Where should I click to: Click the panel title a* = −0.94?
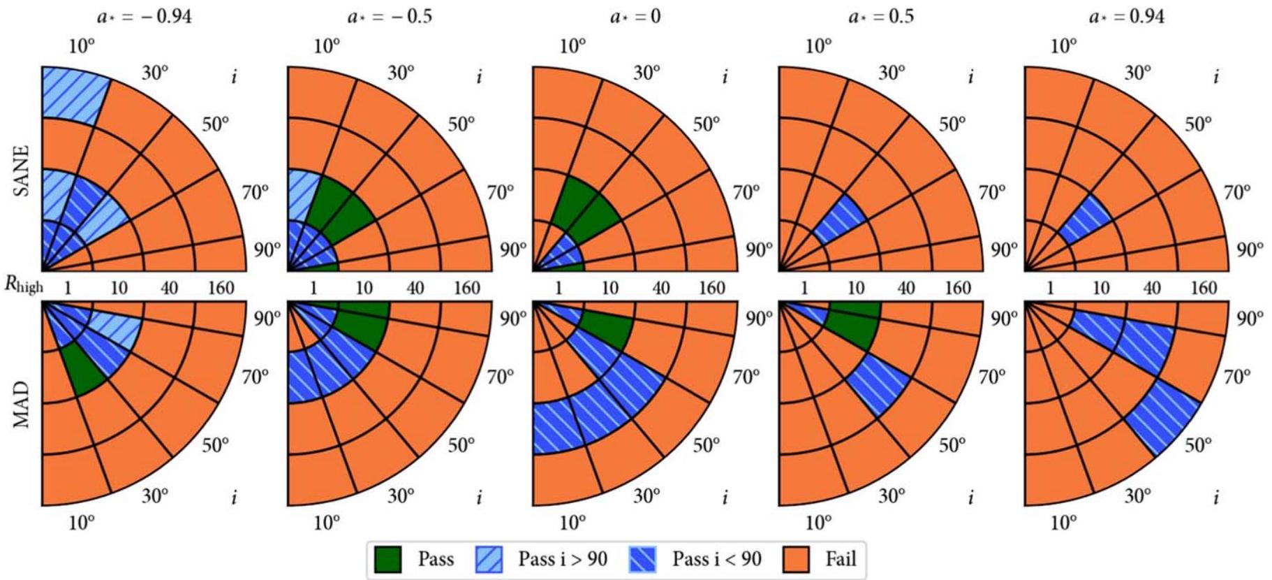coord(145,16)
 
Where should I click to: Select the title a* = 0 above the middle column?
coord(635,16)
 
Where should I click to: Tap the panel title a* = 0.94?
coord(1126,16)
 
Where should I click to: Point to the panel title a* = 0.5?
coord(881,16)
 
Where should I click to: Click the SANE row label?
coord(22,171)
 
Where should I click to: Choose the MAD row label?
coord(22,404)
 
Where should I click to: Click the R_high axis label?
coord(24,285)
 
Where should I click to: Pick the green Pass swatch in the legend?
coord(388,559)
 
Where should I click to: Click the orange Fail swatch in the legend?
coord(797,559)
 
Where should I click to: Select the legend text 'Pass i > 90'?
coord(562,559)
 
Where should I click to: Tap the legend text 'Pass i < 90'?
coord(716,559)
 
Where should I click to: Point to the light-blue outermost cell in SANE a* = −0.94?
coord(72,95)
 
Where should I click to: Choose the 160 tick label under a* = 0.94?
coord(1203,287)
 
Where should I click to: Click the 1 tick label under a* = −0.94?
coord(68,287)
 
